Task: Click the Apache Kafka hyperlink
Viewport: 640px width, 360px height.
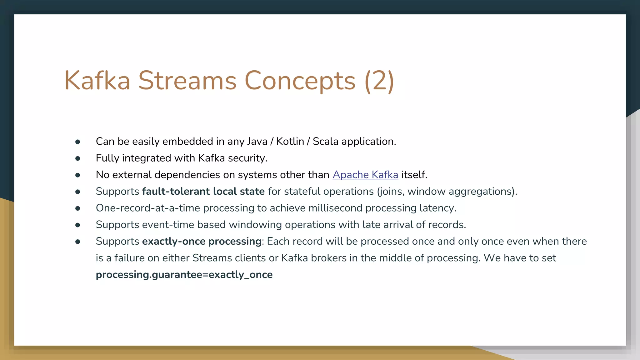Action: [365, 175]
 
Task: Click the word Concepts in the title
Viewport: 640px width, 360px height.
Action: [299, 81]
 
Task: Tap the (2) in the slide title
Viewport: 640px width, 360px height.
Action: [379, 81]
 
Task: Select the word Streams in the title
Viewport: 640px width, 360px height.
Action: [187, 81]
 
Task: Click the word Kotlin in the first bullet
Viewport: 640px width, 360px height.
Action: [290, 142]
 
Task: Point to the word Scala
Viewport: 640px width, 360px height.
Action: [325, 142]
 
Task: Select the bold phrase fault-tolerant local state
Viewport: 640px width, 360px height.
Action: [203, 191]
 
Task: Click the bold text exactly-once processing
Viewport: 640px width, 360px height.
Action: [202, 241]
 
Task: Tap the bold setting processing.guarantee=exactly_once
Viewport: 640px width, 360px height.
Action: [184, 275]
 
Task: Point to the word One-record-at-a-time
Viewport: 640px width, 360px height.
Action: [148, 208]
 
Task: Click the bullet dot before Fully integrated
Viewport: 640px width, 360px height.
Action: [78, 159]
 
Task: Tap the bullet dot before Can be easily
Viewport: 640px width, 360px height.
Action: [78, 142]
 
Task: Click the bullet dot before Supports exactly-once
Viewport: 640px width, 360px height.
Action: [78, 242]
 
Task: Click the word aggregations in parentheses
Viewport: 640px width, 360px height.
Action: [480, 192]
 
